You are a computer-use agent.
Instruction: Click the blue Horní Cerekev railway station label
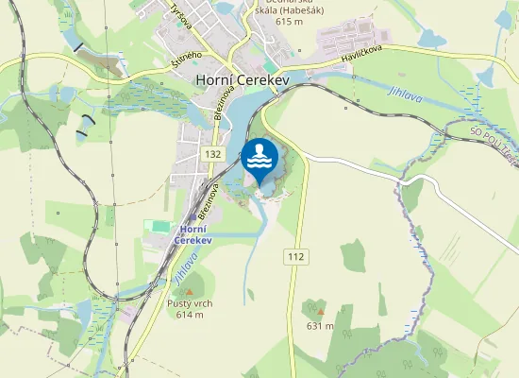click(193, 233)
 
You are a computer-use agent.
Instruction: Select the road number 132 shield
click(211, 153)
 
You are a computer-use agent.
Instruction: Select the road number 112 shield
click(294, 256)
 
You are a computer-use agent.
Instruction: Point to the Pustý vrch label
click(189, 303)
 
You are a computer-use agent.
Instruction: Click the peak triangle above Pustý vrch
click(189, 292)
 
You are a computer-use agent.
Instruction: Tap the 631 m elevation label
click(320, 326)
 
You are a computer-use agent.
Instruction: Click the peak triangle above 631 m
click(320, 312)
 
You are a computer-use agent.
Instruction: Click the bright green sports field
click(156, 227)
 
